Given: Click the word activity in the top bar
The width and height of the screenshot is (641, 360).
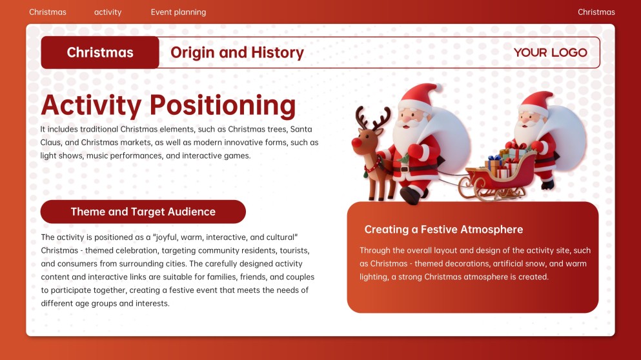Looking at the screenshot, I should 108,12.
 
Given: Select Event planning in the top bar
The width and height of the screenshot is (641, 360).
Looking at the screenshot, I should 178,12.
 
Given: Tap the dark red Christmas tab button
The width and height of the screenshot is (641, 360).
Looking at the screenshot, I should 100,53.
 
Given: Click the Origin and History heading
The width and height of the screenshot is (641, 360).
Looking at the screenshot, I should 237,53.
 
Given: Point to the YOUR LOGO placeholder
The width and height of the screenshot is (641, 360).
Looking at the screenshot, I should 550,53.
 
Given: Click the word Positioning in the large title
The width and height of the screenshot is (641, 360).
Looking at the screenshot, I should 222,106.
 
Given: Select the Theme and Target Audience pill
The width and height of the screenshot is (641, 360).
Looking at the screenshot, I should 143,212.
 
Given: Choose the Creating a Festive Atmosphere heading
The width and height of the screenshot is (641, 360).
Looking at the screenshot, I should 443,230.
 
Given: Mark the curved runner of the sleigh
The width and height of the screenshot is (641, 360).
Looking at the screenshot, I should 491,194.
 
